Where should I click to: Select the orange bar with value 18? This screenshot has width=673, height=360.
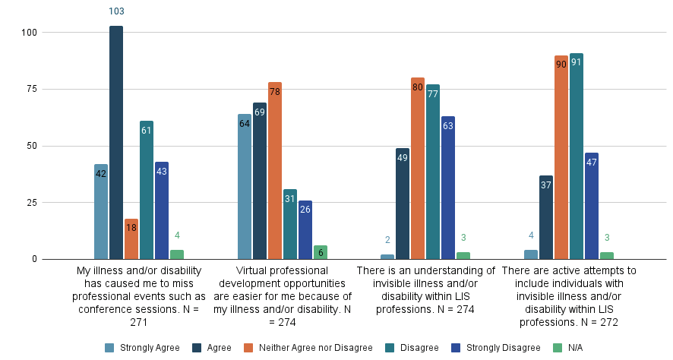pyautogui.click(x=131, y=239)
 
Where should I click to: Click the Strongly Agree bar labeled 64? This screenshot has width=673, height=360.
pyautogui.click(x=245, y=187)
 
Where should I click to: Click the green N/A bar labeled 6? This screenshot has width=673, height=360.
pyautogui.click(x=321, y=253)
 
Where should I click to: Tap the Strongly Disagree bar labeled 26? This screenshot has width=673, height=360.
pyautogui.click(x=305, y=230)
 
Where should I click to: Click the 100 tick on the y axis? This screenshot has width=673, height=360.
pyautogui.click(x=30, y=33)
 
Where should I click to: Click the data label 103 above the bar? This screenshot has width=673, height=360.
pyautogui.click(x=116, y=11)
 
